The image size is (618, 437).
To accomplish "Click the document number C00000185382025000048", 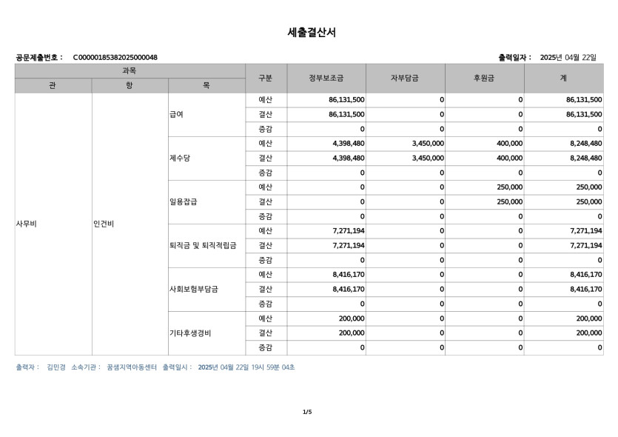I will point(115,57).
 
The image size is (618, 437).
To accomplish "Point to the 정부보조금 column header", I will point(326,78).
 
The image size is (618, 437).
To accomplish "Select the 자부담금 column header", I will point(405,78).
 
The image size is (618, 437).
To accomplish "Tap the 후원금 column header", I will point(484,78).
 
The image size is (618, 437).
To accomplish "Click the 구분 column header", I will point(266,78).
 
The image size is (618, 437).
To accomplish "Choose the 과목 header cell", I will point(130,70).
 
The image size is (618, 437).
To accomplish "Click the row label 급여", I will point(176,114).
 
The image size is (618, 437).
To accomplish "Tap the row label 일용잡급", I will point(183,201).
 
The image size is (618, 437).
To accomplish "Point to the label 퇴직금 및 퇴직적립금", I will point(203,245).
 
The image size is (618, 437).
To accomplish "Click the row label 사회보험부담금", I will point(193,289).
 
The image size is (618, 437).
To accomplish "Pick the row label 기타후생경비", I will point(190,333).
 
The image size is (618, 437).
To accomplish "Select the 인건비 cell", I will point(103,223).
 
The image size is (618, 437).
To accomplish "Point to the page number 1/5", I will point(307,411).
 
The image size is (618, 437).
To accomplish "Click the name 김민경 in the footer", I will point(56,367).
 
